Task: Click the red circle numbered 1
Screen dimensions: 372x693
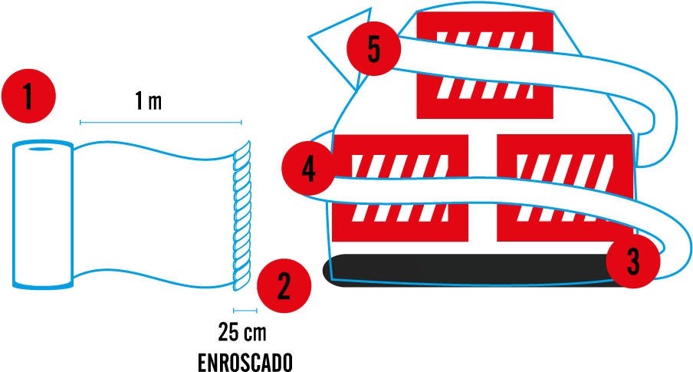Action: pos(28,97)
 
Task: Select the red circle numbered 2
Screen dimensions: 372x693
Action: pos(284,287)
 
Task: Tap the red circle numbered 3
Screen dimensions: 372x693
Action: pos(633,262)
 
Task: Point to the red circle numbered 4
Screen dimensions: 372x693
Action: pos(308,168)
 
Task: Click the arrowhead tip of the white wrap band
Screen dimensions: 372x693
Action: pos(311,35)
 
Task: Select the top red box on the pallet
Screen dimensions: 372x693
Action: pos(484,100)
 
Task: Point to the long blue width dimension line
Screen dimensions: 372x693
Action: pos(161,122)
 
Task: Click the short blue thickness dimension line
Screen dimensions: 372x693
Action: pos(245,311)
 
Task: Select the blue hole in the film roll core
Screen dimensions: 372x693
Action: pos(42,148)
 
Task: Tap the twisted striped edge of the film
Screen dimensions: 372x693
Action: pos(242,215)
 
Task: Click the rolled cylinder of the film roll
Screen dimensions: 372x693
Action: pos(43,215)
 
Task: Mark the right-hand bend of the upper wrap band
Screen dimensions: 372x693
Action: pos(661,115)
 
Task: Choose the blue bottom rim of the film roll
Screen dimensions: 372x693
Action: pos(43,285)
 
